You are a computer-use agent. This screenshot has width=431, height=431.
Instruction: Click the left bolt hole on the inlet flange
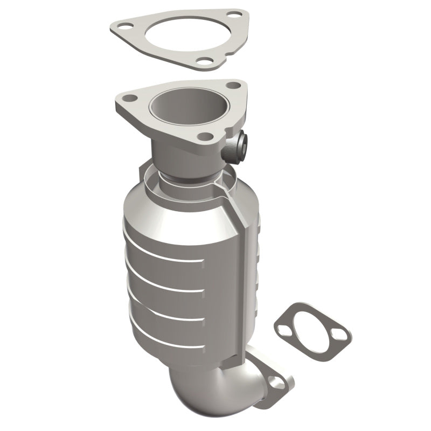130,99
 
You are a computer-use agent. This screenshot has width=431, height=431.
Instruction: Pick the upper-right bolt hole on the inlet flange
233,85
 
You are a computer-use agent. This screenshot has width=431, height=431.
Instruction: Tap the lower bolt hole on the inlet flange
204,136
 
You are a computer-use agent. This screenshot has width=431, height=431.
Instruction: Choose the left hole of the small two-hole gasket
283,326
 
